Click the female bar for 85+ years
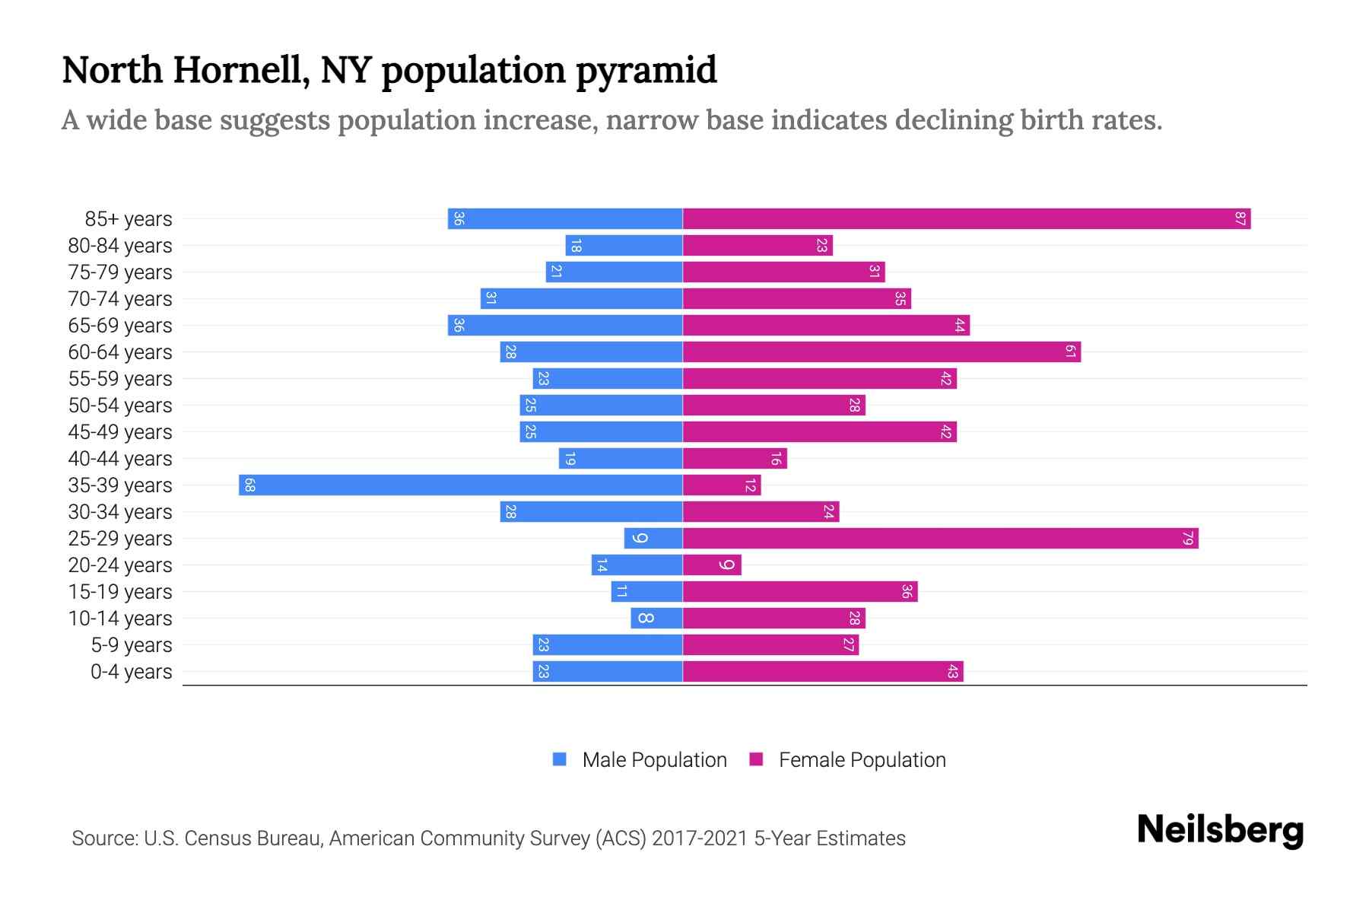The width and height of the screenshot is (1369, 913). point(966,219)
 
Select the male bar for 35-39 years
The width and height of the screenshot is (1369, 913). point(460,485)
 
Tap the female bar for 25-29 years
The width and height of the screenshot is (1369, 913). point(940,539)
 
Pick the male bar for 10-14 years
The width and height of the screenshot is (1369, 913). point(656,619)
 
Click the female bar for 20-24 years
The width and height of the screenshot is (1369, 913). point(712,565)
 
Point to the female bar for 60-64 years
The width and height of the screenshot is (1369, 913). point(881,352)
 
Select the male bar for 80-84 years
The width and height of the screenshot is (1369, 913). point(624,246)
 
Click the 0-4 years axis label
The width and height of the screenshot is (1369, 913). point(131,672)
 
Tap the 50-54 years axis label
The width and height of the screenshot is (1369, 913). point(120,406)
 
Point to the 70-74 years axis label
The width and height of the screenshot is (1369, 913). point(120,299)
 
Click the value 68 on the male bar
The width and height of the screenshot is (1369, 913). point(249,485)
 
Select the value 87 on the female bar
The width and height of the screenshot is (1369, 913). point(1240,219)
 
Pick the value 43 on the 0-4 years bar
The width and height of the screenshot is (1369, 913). point(952,672)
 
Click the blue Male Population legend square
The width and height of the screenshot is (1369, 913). point(560,759)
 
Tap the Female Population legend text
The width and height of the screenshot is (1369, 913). point(862,760)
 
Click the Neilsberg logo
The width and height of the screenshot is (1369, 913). point(1220,830)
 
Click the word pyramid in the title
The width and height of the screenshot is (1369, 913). point(646,71)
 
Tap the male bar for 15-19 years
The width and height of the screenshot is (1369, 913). point(646,592)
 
